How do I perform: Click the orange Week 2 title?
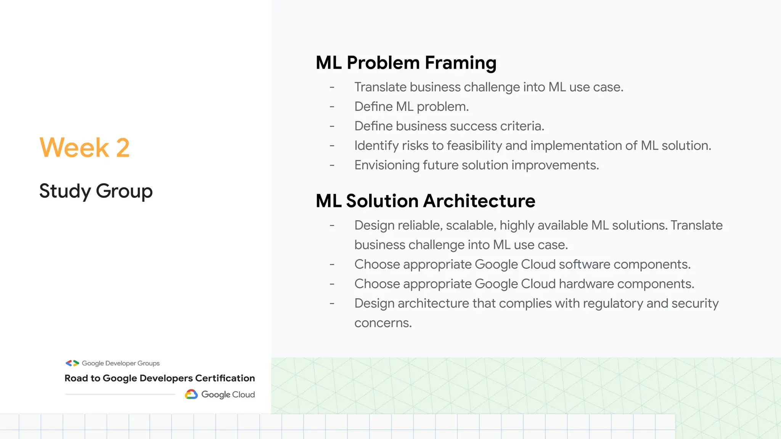pos(85,147)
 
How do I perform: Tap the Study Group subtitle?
pos(96,191)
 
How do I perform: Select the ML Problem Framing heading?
pos(406,63)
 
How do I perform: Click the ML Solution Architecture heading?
pos(425,201)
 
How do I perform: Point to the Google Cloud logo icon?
pos(191,394)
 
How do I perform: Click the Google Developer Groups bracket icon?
pos(72,363)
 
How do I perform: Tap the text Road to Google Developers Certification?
pos(159,378)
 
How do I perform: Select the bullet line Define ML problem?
pos(411,107)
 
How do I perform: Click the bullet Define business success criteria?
pos(449,126)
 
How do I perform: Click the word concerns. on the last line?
pos(383,323)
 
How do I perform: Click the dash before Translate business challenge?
pos(332,87)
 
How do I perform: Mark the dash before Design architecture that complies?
pos(332,304)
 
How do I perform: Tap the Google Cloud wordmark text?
pos(228,394)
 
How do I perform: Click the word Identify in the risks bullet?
pos(372,146)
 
